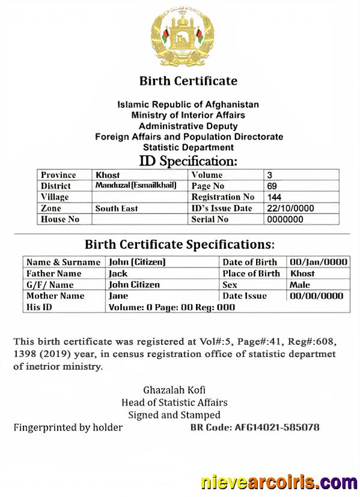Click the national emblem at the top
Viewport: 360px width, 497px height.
182,37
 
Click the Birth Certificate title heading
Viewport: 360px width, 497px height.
188,81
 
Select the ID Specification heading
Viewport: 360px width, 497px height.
188,161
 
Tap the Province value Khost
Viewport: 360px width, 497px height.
108,175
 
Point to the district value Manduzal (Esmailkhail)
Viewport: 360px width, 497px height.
136,186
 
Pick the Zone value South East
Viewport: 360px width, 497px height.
116,209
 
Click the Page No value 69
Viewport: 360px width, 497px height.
272,186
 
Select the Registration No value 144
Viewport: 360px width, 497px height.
275,197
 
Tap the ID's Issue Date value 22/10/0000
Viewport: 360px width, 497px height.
290,209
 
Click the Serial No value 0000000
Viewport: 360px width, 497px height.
285,219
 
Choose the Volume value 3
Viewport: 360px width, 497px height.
269,175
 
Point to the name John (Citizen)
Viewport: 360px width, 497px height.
136,262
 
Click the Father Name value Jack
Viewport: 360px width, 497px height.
118,273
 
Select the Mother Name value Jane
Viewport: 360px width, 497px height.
118,296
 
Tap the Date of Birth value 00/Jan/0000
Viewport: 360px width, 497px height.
319,262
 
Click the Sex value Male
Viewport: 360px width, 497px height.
300,285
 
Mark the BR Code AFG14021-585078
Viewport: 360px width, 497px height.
254,428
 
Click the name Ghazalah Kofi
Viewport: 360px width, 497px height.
174,389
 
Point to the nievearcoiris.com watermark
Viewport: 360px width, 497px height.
278,482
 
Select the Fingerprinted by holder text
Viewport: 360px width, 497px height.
68,428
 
